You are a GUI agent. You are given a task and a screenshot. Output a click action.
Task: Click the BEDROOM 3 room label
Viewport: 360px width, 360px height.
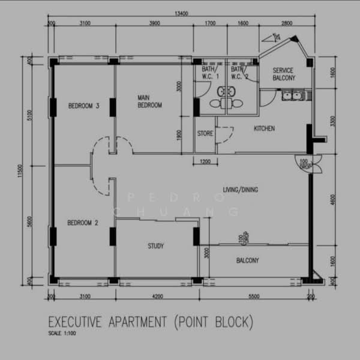pos(83,106)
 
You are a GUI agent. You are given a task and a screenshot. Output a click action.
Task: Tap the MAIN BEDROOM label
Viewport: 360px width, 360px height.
pos(149,101)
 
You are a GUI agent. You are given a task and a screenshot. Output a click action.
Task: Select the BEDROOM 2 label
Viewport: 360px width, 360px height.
pos(83,223)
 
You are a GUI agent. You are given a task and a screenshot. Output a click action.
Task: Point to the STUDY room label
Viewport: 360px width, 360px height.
pos(155,246)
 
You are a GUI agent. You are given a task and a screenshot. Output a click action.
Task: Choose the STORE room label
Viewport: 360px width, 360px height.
pos(205,133)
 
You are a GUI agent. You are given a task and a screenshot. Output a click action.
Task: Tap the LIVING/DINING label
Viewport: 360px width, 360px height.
pos(240,190)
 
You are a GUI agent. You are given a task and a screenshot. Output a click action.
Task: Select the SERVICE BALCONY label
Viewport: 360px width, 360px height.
pos(283,74)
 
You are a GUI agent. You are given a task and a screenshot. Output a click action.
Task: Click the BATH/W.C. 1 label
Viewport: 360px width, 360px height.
pos(211,73)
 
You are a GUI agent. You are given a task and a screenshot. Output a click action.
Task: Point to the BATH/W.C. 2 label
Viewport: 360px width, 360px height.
pos(239,73)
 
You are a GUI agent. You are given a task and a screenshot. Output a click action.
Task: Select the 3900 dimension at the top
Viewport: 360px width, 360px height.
pos(154,24)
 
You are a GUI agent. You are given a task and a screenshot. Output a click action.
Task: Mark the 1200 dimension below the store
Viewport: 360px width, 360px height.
pos(205,162)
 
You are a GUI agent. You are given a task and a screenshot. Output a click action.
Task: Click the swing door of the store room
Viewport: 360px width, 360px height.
pos(223,135)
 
